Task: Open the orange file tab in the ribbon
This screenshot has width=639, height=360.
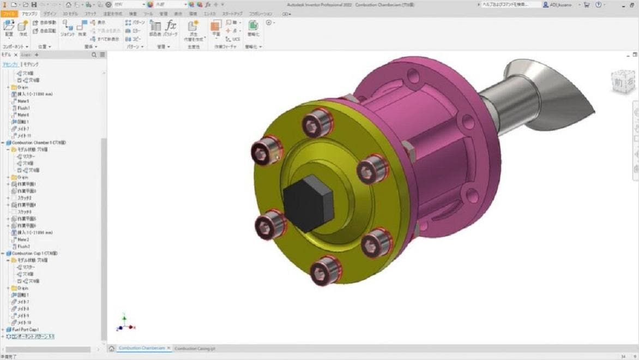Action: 10,13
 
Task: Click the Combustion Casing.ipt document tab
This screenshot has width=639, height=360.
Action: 195,348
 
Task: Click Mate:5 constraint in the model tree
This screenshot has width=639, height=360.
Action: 23,101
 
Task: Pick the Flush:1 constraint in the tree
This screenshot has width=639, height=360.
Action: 23,108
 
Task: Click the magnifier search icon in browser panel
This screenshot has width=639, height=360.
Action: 94,55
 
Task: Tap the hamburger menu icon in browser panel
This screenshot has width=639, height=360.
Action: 102,55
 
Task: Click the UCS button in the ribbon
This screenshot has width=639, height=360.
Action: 235,39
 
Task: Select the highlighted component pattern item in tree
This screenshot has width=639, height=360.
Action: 33,337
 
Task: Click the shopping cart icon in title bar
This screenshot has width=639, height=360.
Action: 586,5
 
